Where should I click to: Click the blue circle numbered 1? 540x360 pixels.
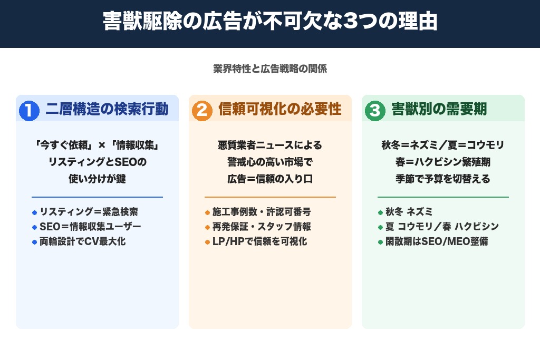tap(30, 110)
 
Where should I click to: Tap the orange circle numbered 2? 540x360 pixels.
tap(202, 110)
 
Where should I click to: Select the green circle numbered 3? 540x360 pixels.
tap(375, 110)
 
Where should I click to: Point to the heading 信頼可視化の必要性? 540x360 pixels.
tap(279, 109)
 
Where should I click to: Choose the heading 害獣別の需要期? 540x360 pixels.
tap(439, 109)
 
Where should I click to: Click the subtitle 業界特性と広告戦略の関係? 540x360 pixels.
tap(270, 69)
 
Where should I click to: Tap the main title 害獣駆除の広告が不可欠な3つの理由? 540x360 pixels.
tap(270, 23)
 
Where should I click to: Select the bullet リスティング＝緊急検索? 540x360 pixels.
tap(89, 212)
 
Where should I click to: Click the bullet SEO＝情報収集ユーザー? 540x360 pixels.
tap(90, 227)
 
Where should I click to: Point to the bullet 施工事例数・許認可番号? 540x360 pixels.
tap(261, 212)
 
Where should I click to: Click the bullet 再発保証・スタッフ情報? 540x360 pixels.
tap(261, 227)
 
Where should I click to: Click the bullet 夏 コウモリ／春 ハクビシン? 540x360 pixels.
tap(442, 227)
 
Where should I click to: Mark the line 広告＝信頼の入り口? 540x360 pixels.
tap(270, 179)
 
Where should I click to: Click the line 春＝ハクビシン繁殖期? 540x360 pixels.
tap(443, 162)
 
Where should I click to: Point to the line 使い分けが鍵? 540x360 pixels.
tap(97, 179)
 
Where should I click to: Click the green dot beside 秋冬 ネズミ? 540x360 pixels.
tap(380, 212)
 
